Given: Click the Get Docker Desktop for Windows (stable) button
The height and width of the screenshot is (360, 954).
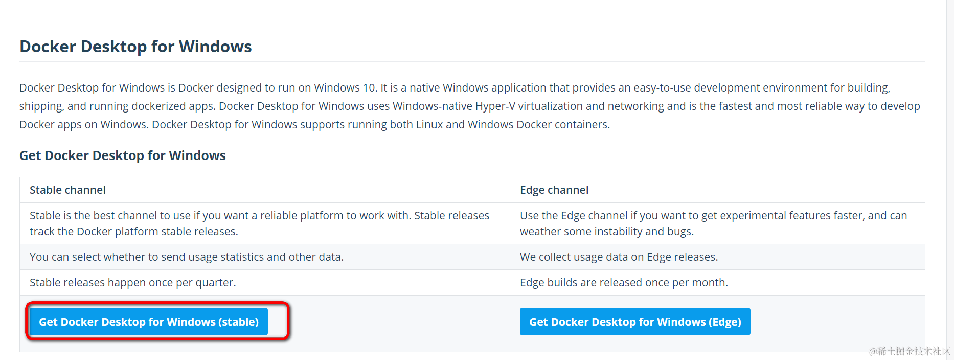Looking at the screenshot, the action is click(148, 322).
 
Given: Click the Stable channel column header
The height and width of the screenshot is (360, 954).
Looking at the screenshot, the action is click(67, 190).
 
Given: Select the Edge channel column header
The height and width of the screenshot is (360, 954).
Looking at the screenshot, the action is click(554, 190).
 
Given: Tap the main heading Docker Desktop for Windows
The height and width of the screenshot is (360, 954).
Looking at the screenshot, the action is click(135, 47).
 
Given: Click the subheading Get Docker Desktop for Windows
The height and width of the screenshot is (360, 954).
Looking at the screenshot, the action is click(123, 155).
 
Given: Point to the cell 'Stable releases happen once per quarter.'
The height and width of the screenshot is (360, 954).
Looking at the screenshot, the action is click(133, 283).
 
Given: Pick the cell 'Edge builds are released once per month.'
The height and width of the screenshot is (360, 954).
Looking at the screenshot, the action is click(624, 283).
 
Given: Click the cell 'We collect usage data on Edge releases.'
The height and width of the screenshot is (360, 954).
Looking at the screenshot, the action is click(619, 257).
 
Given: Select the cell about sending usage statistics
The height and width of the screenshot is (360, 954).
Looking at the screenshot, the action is click(187, 257).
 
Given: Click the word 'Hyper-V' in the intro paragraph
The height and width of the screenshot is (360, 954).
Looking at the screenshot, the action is click(495, 106).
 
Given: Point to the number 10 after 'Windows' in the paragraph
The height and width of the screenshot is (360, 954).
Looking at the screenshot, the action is click(369, 88).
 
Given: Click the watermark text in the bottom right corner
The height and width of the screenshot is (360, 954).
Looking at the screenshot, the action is click(910, 351).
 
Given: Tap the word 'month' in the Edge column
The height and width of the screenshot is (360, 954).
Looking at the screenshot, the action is click(708, 283).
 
